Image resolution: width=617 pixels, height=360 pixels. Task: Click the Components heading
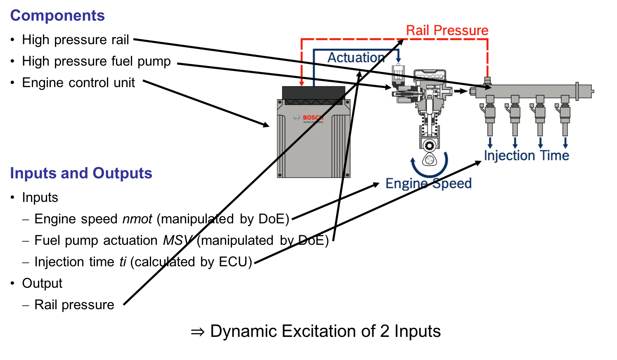point(57,16)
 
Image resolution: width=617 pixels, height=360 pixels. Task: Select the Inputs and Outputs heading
point(81,173)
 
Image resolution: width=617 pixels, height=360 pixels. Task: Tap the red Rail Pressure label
point(447,31)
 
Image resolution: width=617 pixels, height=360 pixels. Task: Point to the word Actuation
point(356,57)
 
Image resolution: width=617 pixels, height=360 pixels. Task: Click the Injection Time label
point(526,156)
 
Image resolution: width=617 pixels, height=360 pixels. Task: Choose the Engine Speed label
point(428,183)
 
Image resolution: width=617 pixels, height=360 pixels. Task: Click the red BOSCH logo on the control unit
point(313,118)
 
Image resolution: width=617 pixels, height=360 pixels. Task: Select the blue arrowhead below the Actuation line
point(398,59)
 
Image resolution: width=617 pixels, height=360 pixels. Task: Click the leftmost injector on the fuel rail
point(490,116)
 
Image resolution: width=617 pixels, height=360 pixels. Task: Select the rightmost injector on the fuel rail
point(565,116)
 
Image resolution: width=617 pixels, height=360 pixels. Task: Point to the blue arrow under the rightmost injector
point(565,143)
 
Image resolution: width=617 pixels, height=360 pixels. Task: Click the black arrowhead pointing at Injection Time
point(478,163)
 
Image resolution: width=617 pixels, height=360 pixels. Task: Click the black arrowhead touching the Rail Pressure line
point(401,41)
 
